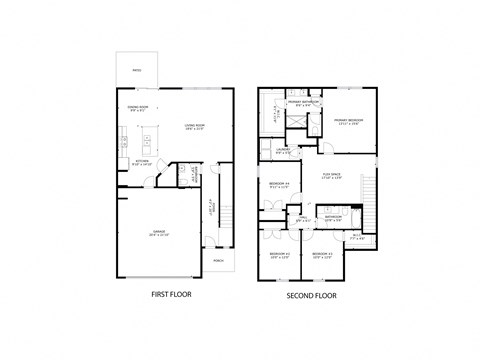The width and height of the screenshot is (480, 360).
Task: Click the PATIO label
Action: [x=137, y=70]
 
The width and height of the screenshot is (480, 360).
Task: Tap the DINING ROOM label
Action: [x=138, y=107]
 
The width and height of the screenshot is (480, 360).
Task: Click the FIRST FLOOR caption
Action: [x=171, y=294]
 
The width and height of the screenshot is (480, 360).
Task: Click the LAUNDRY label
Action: [x=284, y=151]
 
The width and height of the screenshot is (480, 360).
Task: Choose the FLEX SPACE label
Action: [x=331, y=177]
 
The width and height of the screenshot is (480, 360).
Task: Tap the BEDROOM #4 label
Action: [x=279, y=184]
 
